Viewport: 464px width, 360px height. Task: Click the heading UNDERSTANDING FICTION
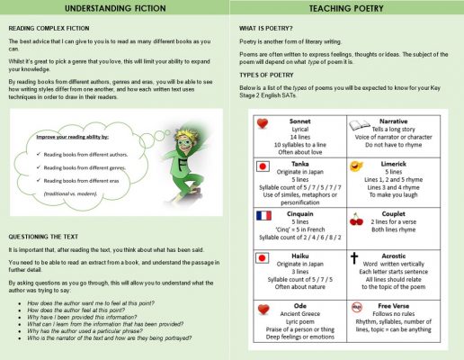point(116,10)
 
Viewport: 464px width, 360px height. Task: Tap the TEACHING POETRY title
point(348,10)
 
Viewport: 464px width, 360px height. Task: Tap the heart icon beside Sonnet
point(263,123)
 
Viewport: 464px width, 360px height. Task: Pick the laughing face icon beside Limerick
point(356,167)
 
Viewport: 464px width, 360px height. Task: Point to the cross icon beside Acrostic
point(354,257)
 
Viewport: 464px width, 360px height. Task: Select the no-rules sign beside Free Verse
point(356,306)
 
